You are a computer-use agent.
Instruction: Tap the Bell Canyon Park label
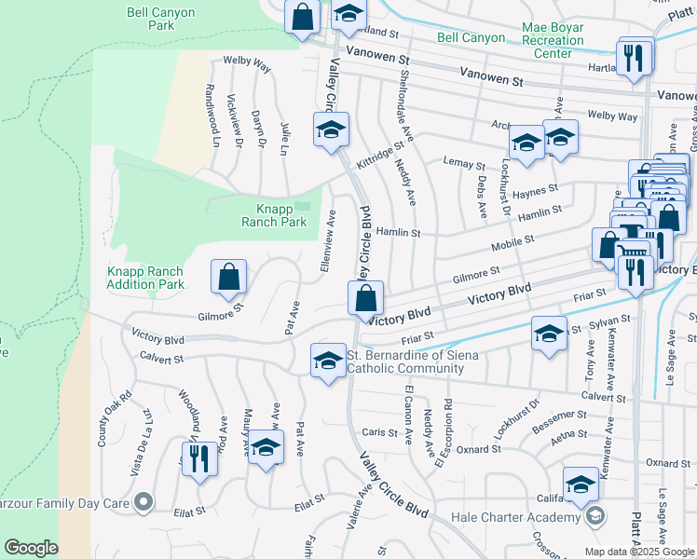148,19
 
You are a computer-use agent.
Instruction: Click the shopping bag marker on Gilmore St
228,277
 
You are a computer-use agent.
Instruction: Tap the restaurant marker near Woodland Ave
198,458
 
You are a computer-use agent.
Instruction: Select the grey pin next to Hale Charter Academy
593,516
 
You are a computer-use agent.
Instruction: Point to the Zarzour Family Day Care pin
143,503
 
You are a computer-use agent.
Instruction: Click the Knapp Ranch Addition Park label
144,278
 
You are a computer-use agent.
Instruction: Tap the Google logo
32,548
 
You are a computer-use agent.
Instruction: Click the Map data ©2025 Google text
639,552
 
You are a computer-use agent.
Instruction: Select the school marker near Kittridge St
330,131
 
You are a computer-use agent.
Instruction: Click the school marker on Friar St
549,333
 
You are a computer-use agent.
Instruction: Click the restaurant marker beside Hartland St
633,58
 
